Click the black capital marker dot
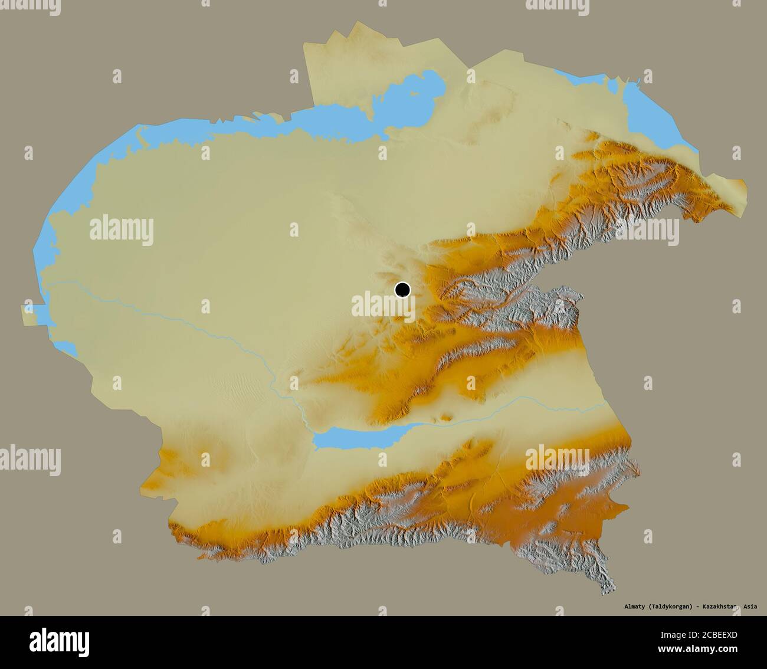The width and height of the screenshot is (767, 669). point(402,290)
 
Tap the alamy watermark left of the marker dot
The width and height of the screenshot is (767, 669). point(378,306)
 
